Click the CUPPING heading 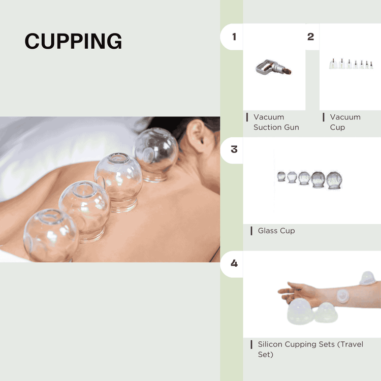tap(73, 41)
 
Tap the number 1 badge tap(234, 37)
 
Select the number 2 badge tap(310, 37)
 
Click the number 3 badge tap(234, 149)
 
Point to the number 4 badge tap(234, 263)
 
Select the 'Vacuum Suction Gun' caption tap(276, 122)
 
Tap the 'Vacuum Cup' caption tap(345, 122)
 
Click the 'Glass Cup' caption tap(276, 231)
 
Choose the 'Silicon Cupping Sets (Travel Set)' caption tap(310, 350)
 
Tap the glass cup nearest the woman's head tap(155, 154)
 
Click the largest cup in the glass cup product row tap(334, 180)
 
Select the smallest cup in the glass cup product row tap(281, 176)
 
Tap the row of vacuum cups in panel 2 tap(351, 65)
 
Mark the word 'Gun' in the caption tap(290, 127)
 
